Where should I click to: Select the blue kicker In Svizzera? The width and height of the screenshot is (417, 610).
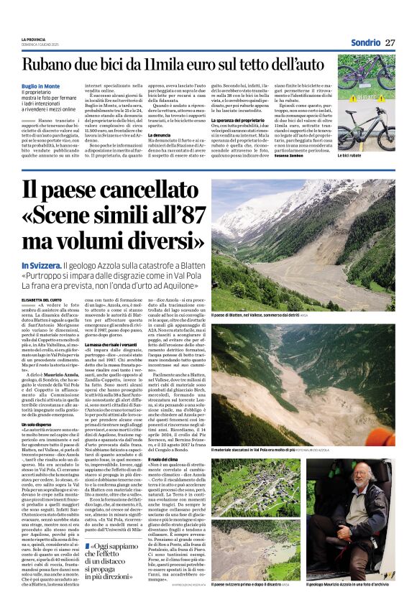[45, 266]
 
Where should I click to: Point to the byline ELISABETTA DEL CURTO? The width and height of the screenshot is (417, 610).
[45, 298]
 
